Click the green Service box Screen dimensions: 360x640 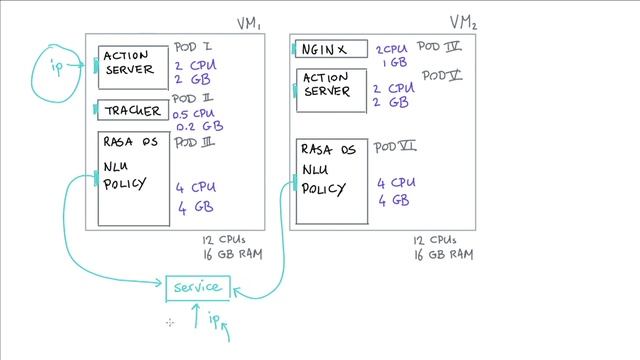click(x=198, y=288)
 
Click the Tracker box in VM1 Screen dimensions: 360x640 click(x=133, y=111)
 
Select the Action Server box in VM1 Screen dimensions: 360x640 click(x=133, y=65)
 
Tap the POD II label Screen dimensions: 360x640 click(x=193, y=99)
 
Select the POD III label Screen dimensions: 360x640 click(x=195, y=142)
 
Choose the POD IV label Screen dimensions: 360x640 click(x=439, y=46)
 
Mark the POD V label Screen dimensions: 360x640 click(x=441, y=75)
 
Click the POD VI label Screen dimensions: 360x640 click(x=395, y=147)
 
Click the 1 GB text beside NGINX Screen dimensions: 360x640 click(x=393, y=62)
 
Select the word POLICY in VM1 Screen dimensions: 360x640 click(x=125, y=183)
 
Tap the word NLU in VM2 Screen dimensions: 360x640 click(x=314, y=169)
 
